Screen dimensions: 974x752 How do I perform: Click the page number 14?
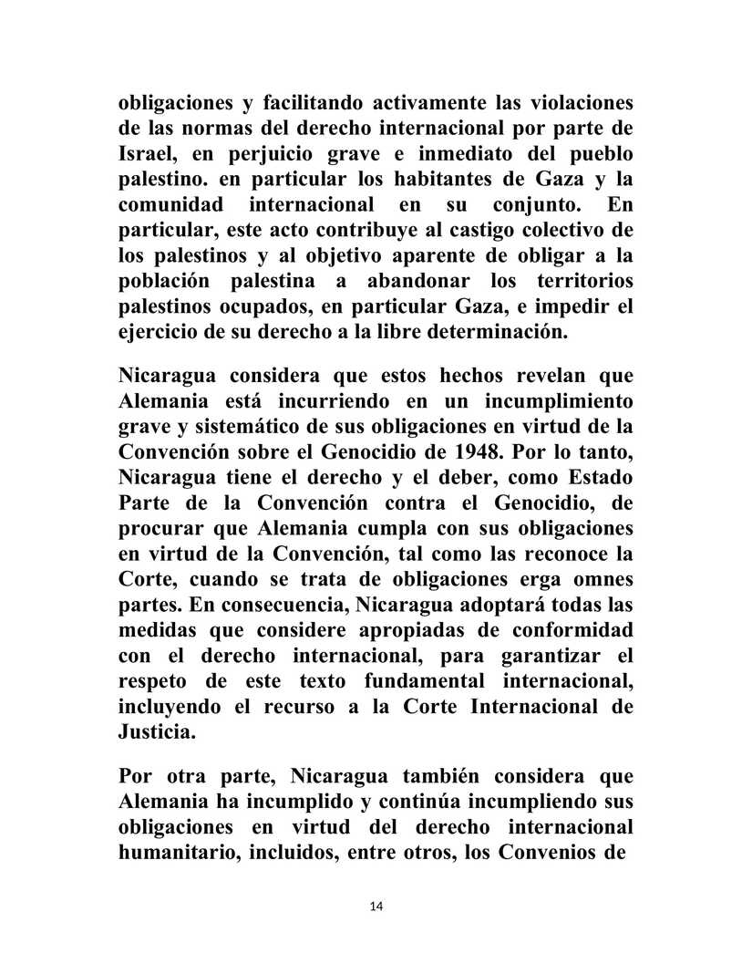376,906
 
